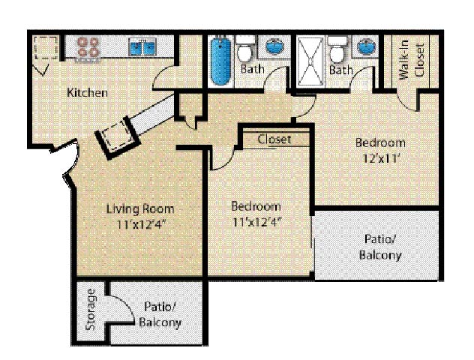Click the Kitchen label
[x=87, y=92]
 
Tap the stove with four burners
[x=88, y=48]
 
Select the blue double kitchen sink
[x=142, y=46]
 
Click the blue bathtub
[x=221, y=60]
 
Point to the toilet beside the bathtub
[x=244, y=48]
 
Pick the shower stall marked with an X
[x=310, y=61]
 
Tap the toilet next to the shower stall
[x=337, y=48]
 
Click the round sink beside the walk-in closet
[x=367, y=46]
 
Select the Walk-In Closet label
[x=412, y=59]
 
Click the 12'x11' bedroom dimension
[x=379, y=158]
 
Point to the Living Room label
[x=140, y=208]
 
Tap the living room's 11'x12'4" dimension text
[x=142, y=224]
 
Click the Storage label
[x=91, y=310]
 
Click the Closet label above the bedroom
[x=274, y=139]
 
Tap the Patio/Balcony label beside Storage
[x=160, y=315]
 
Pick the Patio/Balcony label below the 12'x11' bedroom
[x=380, y=247]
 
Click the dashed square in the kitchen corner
[x=46, y=47]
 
